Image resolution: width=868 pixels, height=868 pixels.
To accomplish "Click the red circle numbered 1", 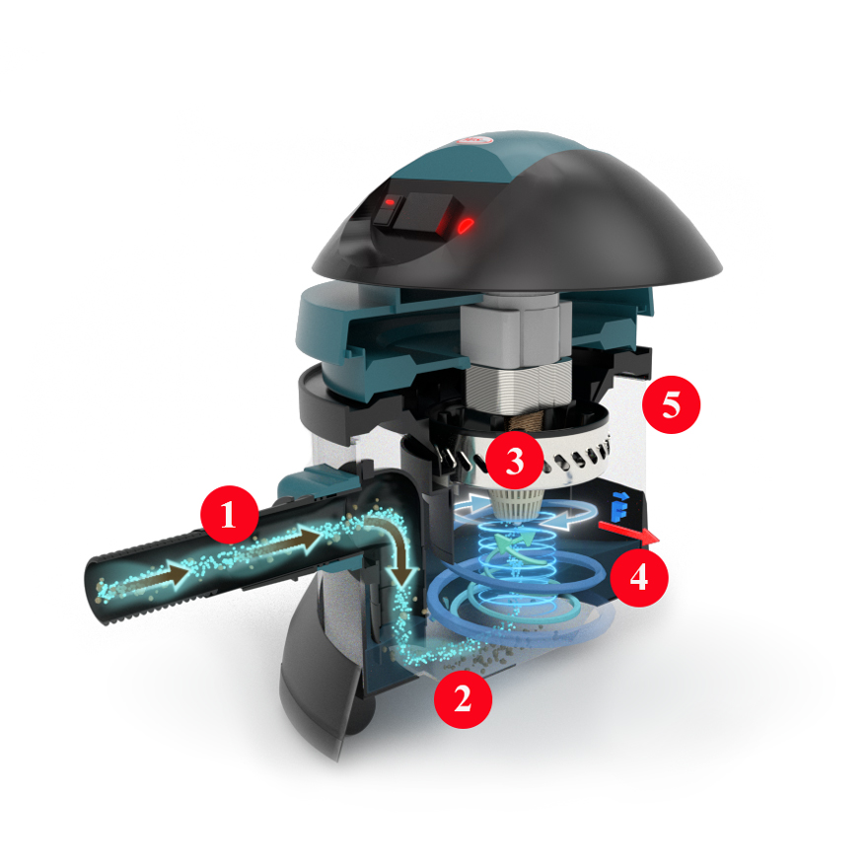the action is click(229, 515).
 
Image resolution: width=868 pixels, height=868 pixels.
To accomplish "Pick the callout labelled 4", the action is click(639, 577).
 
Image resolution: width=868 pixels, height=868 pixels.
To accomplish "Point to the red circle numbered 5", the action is click(671, 404).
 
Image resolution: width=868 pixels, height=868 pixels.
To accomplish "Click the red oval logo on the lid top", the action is click(475, 141).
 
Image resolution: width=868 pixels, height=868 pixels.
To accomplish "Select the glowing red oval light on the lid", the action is click(467, 224).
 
